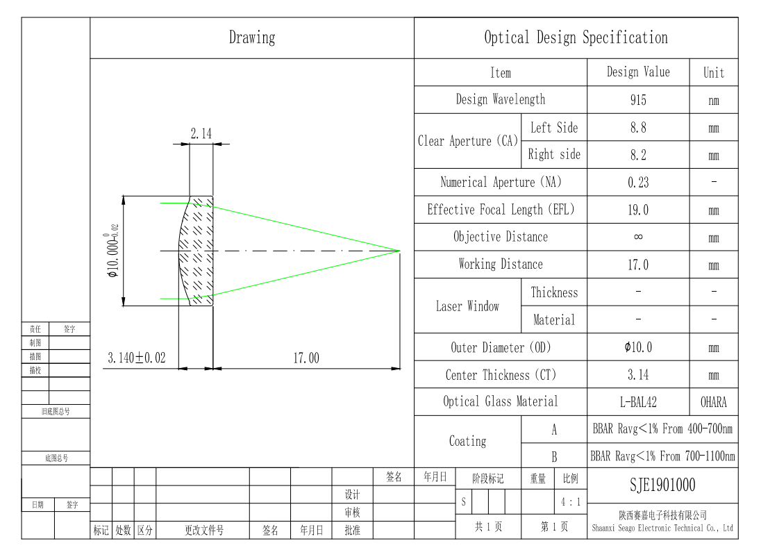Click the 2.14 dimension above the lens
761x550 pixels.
(x=201, y=133)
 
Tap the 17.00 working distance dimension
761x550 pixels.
(x=306, y=358)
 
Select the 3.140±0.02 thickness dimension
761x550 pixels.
(x=136, y=358)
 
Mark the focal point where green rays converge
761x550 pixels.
(x=399, y=251)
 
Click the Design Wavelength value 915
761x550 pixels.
(x=637, y=100)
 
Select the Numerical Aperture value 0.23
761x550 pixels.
(x=637, y=183)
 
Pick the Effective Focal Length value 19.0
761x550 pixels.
(x=637, y=210)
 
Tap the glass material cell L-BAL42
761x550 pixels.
(x=637, y=402)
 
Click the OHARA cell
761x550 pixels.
(x=714, y=402)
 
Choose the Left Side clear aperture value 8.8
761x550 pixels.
(x=637, y=128)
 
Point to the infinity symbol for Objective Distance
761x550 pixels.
(x=637, y=237)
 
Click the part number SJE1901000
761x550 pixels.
(x=662, y=485)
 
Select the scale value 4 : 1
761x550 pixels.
(x=570, y=501)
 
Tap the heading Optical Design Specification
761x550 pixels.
(x=576, y=37)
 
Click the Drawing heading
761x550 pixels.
(x=252, y=37)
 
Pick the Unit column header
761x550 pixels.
(x=714, y=73)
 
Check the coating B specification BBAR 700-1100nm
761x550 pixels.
(x=662, y=456)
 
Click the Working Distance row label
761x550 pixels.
(x=501, y=264)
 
